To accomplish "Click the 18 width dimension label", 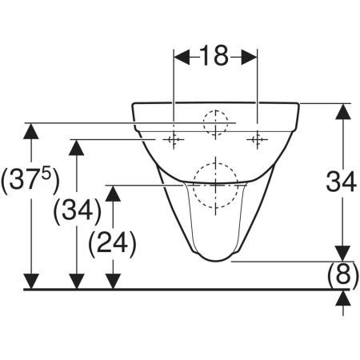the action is pyautogui.click(x=215, y=55).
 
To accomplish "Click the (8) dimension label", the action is pyautogui.click(x=343, y=275).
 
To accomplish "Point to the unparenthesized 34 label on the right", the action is pyautogui.click(x=342, y=182).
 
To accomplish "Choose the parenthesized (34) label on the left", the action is pyautogui.click(x=78, y=211).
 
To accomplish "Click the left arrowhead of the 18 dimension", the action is pyautogui.click(x=182, y=57).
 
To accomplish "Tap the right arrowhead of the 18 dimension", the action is pyautogui.click(x=250, y=57).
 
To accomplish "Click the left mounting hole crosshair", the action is pyautogui.click(x=174, y=139).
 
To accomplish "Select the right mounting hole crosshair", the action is pyautogui.click(x=258, y=139).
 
